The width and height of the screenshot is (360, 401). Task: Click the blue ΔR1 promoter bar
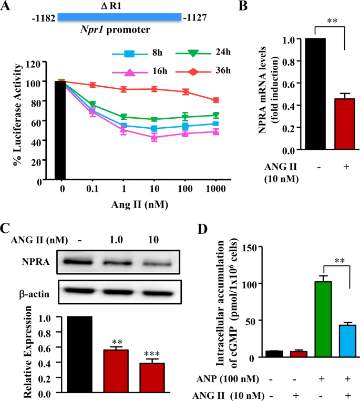click(x=119, y=17)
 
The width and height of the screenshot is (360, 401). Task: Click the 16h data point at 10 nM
click(x=154, y=138)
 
